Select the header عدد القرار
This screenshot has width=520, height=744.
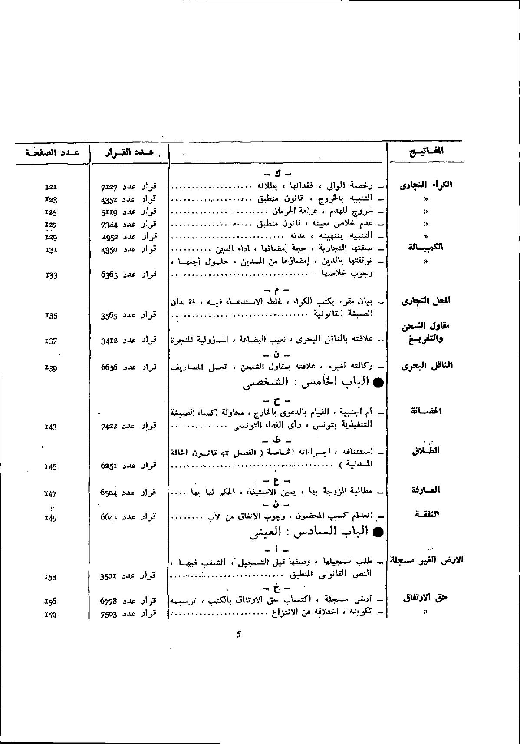tap(129, 152)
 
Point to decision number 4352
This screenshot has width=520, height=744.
tap(109, 199)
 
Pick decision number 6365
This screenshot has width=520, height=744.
tap(109, 274)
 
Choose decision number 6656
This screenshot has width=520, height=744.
tap(109, 367)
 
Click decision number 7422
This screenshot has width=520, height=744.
tap(109, 427)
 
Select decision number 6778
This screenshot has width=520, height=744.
tap(109, 601)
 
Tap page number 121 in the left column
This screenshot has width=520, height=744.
tap(51, 188)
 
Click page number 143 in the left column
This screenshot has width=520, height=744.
tap(51, 427)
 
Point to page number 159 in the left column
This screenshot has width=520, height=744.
tap(51, 615)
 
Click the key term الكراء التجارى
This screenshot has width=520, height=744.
tap(425, 185)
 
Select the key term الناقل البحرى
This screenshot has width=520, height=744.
tap(427, 365)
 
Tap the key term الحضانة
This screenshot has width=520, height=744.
tap(426, 411)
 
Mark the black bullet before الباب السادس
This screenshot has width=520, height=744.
tap(378, 532)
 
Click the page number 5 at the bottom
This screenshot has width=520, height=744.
tap(238, 634)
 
